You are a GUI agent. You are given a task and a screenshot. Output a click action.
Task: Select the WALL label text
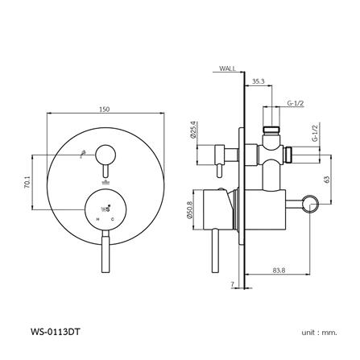[227, 70]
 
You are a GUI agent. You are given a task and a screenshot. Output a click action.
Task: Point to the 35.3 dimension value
[258, 82]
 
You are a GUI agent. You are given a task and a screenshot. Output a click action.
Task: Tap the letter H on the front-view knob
[97, 217]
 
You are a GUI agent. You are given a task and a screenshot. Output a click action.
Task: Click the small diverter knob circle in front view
[105, 153]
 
